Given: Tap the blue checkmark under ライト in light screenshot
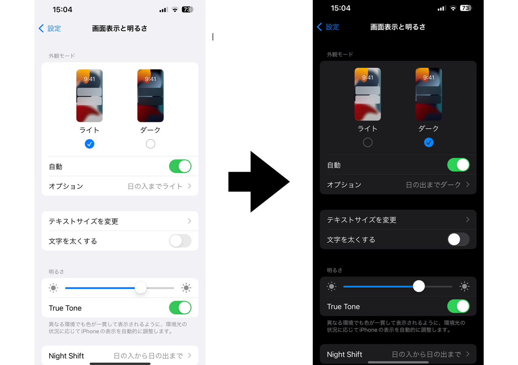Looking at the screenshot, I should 89,144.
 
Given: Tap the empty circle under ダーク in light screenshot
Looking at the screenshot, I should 151,144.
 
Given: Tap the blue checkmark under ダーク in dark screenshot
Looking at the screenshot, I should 429,143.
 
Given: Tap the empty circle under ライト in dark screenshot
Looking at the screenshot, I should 367,143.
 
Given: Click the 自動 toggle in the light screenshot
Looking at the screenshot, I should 180,166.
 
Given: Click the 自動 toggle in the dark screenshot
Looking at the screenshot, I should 458,165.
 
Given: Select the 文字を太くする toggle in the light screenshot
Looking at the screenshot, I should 180,241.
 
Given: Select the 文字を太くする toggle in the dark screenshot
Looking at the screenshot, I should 458,239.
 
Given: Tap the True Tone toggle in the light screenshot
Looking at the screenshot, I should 180,308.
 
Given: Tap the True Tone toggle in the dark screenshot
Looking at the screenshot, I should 458,307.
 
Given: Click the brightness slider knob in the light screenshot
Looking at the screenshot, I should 140,288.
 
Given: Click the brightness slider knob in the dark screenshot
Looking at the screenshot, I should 419,286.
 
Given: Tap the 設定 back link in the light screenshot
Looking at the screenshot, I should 50,28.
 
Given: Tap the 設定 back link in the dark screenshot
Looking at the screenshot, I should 328,27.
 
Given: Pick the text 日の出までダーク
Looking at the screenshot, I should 433,185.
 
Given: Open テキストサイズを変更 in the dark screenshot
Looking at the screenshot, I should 362,220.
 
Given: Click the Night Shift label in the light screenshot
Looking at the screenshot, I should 66,356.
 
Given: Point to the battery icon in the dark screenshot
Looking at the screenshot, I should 466,8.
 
